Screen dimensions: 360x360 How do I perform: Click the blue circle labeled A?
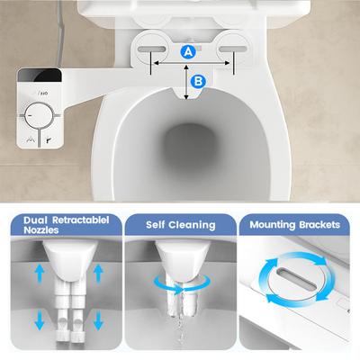click(x=188, y=51)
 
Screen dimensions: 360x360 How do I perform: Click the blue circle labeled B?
click(x=198, y=81)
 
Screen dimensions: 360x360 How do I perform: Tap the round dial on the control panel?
click(x=39, y=116)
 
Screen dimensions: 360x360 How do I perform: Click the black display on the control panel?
click(x=40, y=75)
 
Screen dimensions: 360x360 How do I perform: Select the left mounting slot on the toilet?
click(x=151, y=49)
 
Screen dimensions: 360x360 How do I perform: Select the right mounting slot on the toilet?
click(x=232, y=49)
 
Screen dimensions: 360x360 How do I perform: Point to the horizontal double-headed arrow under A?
click(x=192, y=63)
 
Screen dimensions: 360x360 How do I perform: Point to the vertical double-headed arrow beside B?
click(x=186, y=82)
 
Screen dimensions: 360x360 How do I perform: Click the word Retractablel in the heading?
click(x=81, y=220)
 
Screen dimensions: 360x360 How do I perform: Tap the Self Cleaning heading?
click(x=181, y=225)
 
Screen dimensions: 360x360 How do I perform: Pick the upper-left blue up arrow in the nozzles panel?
click(x=40, y=274)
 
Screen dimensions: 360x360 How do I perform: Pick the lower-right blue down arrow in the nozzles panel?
click(x=98, y=320)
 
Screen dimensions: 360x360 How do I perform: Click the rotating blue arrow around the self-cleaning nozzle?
click(x=182, y=289)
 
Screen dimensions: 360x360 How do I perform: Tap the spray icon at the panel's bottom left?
click(x=31, y=139)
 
